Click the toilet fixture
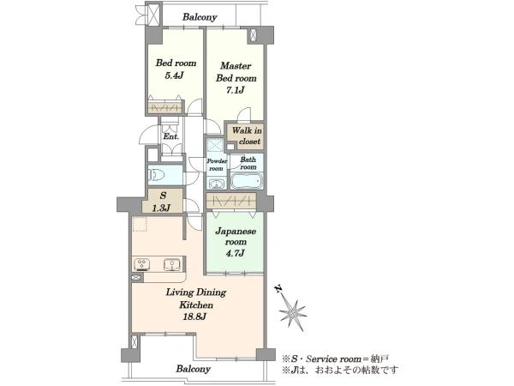pos(157,175)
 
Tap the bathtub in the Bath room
pos(247,181)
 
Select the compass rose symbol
pos(292,314)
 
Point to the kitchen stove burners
pos(142,264)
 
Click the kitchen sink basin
pos(171,264)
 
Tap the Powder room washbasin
pos(217,184)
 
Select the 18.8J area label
pos(194,317)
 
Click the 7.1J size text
pos(236,90)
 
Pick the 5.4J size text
pos(174,75)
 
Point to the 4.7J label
pos(235,253)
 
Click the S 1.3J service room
pos(162,201)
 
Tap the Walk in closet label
pos(248,136)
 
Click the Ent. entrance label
pos(170,136)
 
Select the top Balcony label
pos(200,17)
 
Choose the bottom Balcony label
pos(193,369)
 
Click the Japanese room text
pos(236,237)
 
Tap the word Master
pos(236,66)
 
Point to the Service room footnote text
pos(336,359)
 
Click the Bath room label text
pos(248,163)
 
